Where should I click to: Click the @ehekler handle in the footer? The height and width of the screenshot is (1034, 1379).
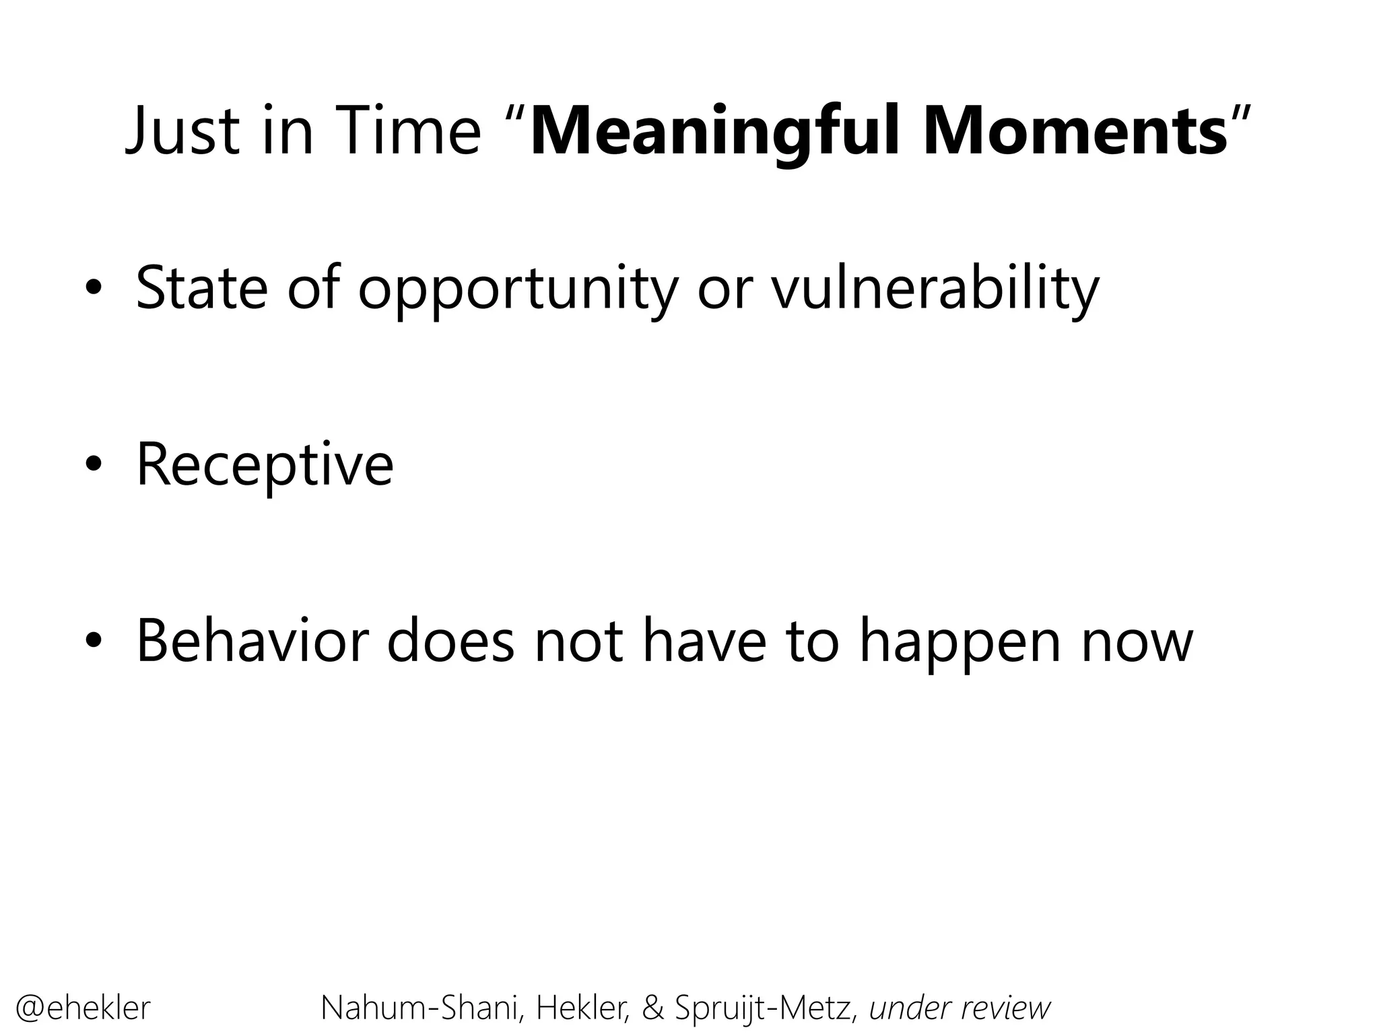83,1008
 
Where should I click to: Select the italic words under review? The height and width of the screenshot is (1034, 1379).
960,1008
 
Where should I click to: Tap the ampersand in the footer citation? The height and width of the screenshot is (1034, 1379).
652,1008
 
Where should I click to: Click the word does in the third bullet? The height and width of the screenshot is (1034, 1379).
450,641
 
